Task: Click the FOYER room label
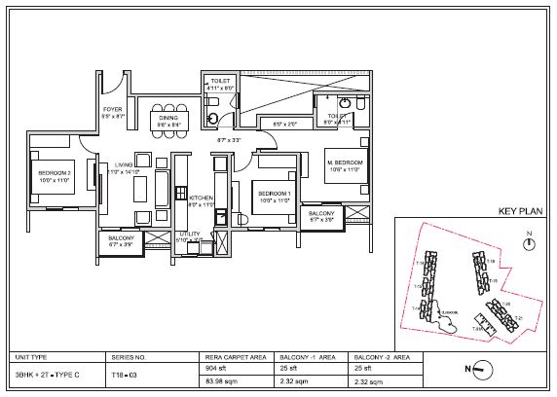[114, 111]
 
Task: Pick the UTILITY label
[189, 235]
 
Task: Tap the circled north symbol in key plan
[527, 245]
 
